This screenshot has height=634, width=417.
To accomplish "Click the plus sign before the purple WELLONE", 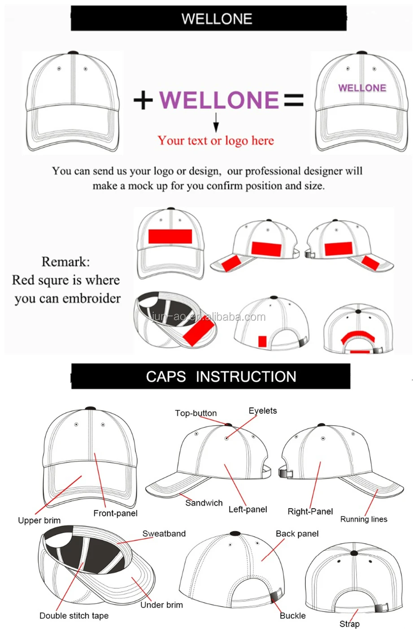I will [x=143, y=100].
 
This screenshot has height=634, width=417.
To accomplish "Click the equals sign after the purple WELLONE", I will [x=294, y=100].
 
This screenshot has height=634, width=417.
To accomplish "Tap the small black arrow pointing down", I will [x=216, y=122].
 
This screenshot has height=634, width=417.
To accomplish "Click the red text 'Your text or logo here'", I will [x=216, y=141].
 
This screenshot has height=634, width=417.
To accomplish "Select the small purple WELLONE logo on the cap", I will [x=362, y=88].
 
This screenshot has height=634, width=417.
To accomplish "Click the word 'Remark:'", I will [x=65, y=262].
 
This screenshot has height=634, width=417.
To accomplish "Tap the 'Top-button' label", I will [x=196, y=413].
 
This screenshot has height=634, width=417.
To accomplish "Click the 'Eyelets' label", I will [x=263, y=411].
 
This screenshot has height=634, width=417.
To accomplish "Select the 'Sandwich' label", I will [x=204, y=503].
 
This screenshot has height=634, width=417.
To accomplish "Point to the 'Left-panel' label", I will [x=248, y=509].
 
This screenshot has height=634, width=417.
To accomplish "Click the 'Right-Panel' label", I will [x=310, y=511].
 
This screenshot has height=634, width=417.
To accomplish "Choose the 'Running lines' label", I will [x=364, y=519].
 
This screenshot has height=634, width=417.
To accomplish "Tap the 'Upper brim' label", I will [x=39, y=520].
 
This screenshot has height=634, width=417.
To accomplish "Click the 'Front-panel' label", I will [x=115, y=513].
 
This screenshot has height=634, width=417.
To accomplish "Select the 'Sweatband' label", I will [x=164, y=534].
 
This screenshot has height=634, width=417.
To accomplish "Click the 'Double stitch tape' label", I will [x=74, y=616].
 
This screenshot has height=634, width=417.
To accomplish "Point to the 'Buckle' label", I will [x=293, y=616].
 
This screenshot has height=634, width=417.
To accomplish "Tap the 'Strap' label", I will [x=349, y=624].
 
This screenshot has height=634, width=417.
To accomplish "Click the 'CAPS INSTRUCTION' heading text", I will [x=221, y=376].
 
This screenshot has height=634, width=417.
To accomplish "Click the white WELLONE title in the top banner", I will [x=217, y=19].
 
